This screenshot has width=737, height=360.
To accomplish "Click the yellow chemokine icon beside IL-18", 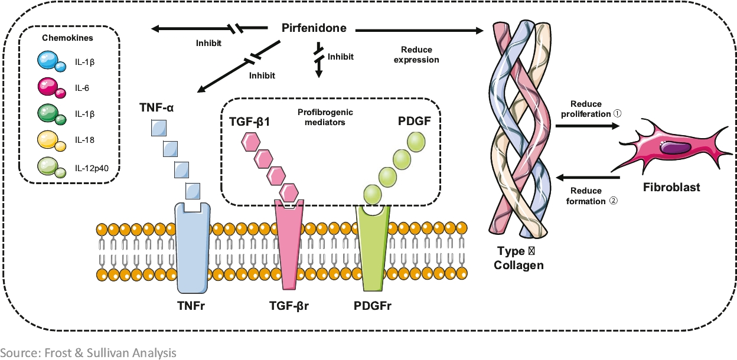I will pos(49,141).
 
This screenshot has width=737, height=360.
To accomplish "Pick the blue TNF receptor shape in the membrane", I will pos(193,248).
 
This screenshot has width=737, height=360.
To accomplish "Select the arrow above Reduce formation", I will pos(588,178).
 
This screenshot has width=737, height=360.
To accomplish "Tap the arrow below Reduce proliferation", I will pos(588,125).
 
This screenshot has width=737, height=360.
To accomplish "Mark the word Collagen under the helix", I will pos(520,266).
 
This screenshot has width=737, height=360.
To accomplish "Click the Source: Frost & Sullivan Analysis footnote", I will pos(89,353).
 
